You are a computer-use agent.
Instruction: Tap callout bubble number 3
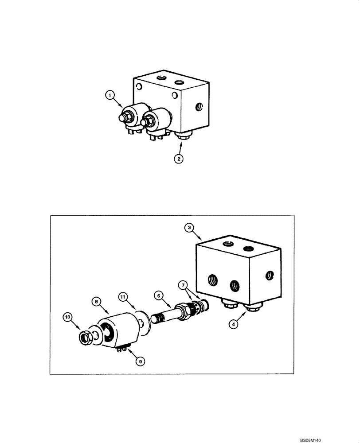tap(189, 228)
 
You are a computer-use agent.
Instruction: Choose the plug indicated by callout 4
tap(251, 308)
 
